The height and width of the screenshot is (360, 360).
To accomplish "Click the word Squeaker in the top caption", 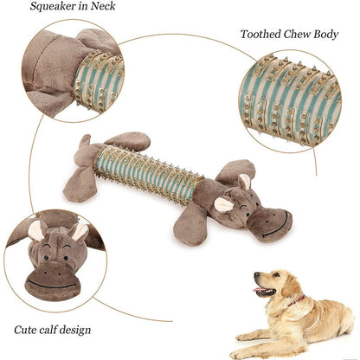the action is coord(54,6).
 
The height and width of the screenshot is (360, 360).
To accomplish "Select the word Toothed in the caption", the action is coord(260,35).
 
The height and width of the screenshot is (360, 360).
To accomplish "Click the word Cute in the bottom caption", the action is coord(23,330).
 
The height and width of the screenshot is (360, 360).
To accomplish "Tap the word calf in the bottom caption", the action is coord(45,329).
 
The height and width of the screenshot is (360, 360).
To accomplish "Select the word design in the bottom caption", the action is coord(74,330).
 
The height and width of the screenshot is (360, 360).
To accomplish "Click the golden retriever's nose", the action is coord(256,274).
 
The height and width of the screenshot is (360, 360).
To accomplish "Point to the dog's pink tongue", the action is coord(258,290).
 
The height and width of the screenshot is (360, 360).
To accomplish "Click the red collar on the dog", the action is coord(294,302).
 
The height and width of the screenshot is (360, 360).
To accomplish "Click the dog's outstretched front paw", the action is coord(245,337).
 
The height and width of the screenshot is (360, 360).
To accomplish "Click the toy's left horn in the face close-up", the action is coord(35,230).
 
